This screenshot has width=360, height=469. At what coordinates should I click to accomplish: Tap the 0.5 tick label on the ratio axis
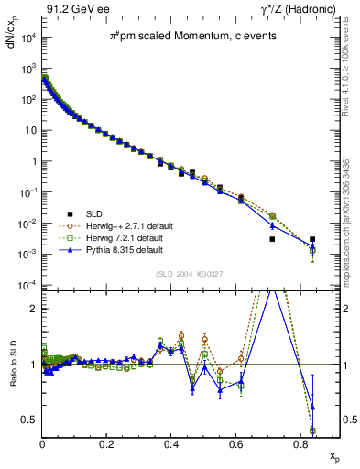point(29,420)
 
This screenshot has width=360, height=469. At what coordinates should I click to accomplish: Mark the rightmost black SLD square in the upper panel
point(312,239)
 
